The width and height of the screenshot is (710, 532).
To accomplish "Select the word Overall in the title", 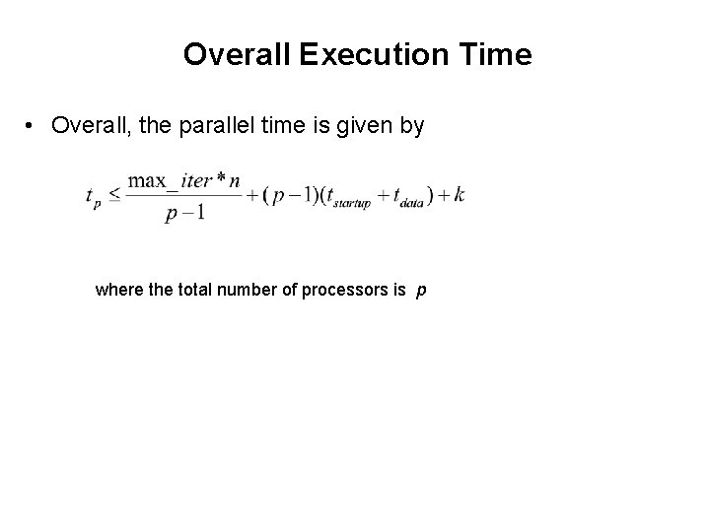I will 236,55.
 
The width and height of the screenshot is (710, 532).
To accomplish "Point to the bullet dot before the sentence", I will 32,126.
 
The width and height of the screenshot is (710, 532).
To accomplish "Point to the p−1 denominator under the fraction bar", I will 185,212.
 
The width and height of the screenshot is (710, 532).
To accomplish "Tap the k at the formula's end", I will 459,194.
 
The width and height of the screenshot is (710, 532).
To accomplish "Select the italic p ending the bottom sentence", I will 422,292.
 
